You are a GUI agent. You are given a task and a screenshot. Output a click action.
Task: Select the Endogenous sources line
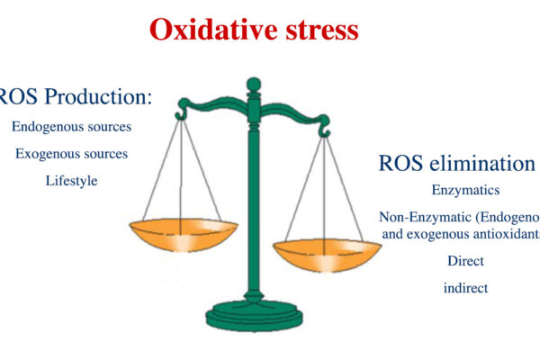point(71,127)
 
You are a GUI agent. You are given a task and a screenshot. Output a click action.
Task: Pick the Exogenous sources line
point(71,154)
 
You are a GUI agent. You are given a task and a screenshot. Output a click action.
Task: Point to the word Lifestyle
point(71,181)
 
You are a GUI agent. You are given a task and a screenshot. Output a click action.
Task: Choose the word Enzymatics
point(465,191)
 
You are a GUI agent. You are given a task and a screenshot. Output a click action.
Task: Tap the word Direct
point(465,261)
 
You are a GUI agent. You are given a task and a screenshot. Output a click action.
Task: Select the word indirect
point(465,288)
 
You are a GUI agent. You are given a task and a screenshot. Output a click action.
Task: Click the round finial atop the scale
point(254,85)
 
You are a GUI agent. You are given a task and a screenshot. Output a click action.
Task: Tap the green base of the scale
point(254,316)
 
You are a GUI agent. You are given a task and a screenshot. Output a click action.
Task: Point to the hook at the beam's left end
point(181,113)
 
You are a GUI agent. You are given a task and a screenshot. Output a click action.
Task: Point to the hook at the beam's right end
point(327,131)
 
